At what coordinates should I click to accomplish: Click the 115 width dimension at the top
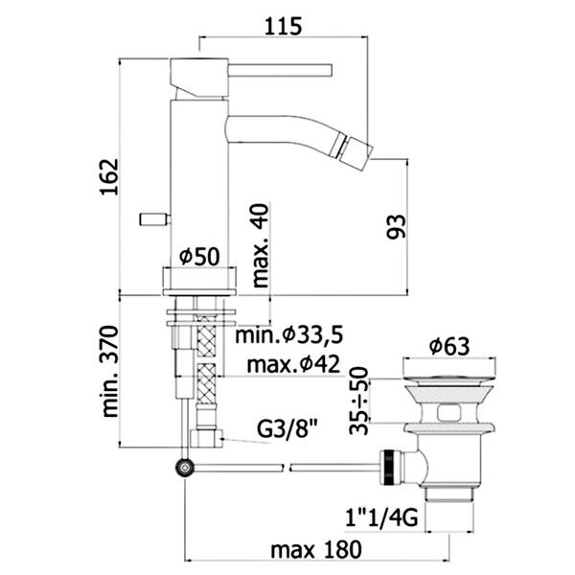283,26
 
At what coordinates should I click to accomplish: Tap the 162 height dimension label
109,176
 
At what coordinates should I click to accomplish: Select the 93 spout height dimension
397,227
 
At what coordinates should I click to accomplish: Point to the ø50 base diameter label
200,256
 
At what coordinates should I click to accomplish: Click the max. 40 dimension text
261,245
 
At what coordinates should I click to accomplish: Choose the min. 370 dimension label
110,371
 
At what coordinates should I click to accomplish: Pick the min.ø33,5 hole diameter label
289,334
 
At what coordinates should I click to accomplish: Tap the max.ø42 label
293,364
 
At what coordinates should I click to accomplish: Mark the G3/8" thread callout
287,428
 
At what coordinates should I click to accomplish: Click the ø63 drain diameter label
449,346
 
